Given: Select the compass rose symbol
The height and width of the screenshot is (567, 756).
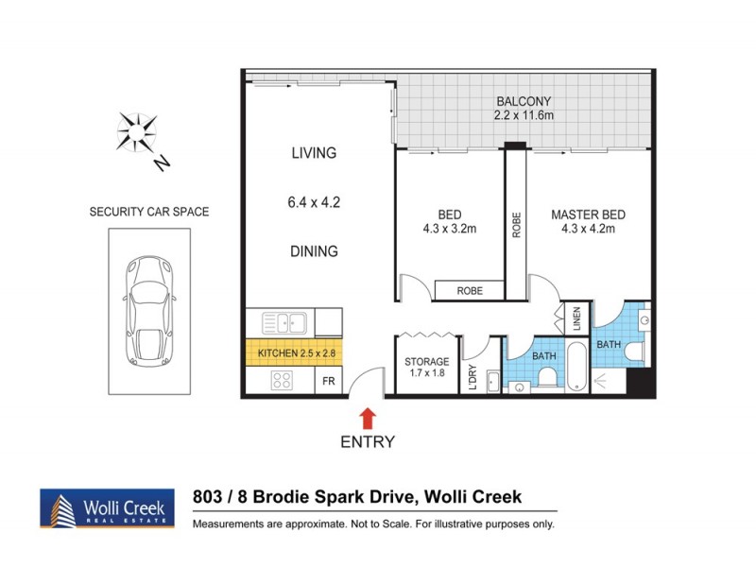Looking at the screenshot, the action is click(x=137, y=132).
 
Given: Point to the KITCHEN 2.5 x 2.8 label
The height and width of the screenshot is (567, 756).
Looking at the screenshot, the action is click(x=292, y=353).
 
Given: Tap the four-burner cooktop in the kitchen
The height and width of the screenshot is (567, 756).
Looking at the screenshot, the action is click(x=282, y=381).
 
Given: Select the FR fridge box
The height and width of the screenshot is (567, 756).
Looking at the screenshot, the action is click(x=327, y=382).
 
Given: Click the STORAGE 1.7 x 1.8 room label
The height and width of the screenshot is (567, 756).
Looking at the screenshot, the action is click(x=425, y=367).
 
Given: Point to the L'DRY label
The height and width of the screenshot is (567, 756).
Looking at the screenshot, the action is click(x=472, y=378).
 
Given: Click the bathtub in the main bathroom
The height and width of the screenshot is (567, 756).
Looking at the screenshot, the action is click(x=576, y=366).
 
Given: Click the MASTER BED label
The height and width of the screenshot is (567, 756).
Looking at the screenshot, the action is click(x=588, y=215).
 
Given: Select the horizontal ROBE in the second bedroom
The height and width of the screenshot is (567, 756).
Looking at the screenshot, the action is click(x=470, y=291).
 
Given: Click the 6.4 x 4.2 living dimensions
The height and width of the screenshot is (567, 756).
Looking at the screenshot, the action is click(x=313, y=201).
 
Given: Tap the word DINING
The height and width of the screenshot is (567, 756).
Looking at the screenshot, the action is click(x=313, y=251).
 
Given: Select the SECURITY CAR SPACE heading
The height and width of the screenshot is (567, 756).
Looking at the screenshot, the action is click(x=148, y=212).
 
